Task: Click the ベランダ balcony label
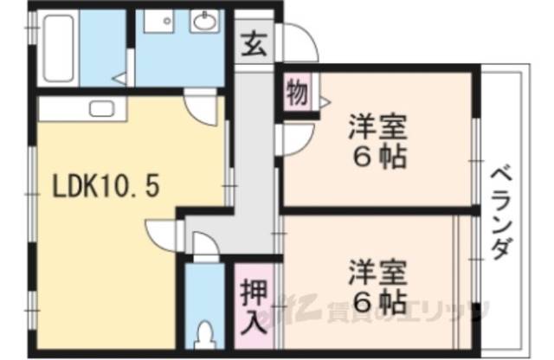pos(499,212)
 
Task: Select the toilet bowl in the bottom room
pos(206,334)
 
